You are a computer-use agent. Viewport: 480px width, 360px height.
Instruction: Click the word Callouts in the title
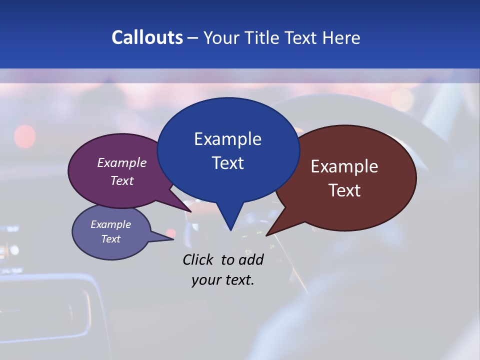tap(147, 38)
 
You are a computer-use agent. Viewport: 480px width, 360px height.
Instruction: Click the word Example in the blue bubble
tap(227, 139)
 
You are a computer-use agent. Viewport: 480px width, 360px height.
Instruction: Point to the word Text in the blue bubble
tap(227, 163)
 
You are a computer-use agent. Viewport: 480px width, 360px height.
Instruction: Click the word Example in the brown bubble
tap(344, 166)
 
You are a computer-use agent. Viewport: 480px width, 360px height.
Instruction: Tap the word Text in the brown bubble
tap(344, 190)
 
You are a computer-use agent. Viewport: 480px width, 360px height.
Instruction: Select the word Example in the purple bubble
tap(122, 163)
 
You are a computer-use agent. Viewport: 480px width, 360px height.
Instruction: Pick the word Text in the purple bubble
tap(122, 180)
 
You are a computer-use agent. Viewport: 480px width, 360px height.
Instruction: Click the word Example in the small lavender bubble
tap(110, 224)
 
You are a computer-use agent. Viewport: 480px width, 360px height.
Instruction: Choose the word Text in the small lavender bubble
tap(110, 239)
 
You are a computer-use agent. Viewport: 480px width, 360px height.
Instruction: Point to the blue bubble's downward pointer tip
tap(230, 230)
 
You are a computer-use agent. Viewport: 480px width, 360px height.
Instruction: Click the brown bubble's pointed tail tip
tap(266, 235)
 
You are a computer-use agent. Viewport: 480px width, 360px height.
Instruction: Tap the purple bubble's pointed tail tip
tap(191, 211)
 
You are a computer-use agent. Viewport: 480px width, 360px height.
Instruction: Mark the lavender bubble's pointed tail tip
tap(173, 239)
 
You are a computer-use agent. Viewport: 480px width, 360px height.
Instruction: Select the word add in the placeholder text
tap(251, 259)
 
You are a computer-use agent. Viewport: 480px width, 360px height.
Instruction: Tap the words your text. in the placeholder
tap(223, 280)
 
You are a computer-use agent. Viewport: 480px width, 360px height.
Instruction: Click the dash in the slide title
tap(193, 38)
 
